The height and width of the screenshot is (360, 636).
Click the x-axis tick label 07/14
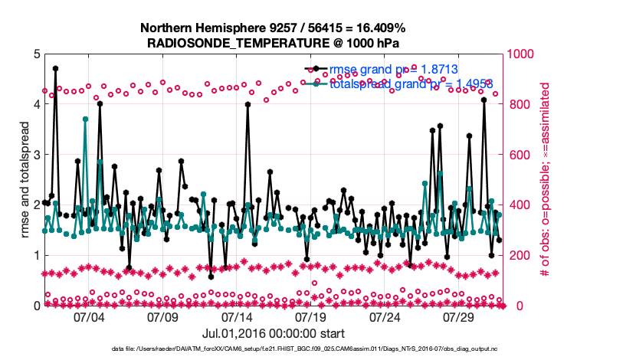tap(237, 317)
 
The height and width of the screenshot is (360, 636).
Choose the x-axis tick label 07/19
tap(311, 317)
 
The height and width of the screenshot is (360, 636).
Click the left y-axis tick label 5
tap(36, 54)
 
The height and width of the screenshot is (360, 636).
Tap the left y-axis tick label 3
tap(36, 155)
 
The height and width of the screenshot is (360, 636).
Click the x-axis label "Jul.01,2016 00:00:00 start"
tap(274, 333)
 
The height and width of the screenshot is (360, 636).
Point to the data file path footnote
tap(304, 349)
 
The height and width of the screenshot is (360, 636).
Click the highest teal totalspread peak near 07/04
tap(86, 119)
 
